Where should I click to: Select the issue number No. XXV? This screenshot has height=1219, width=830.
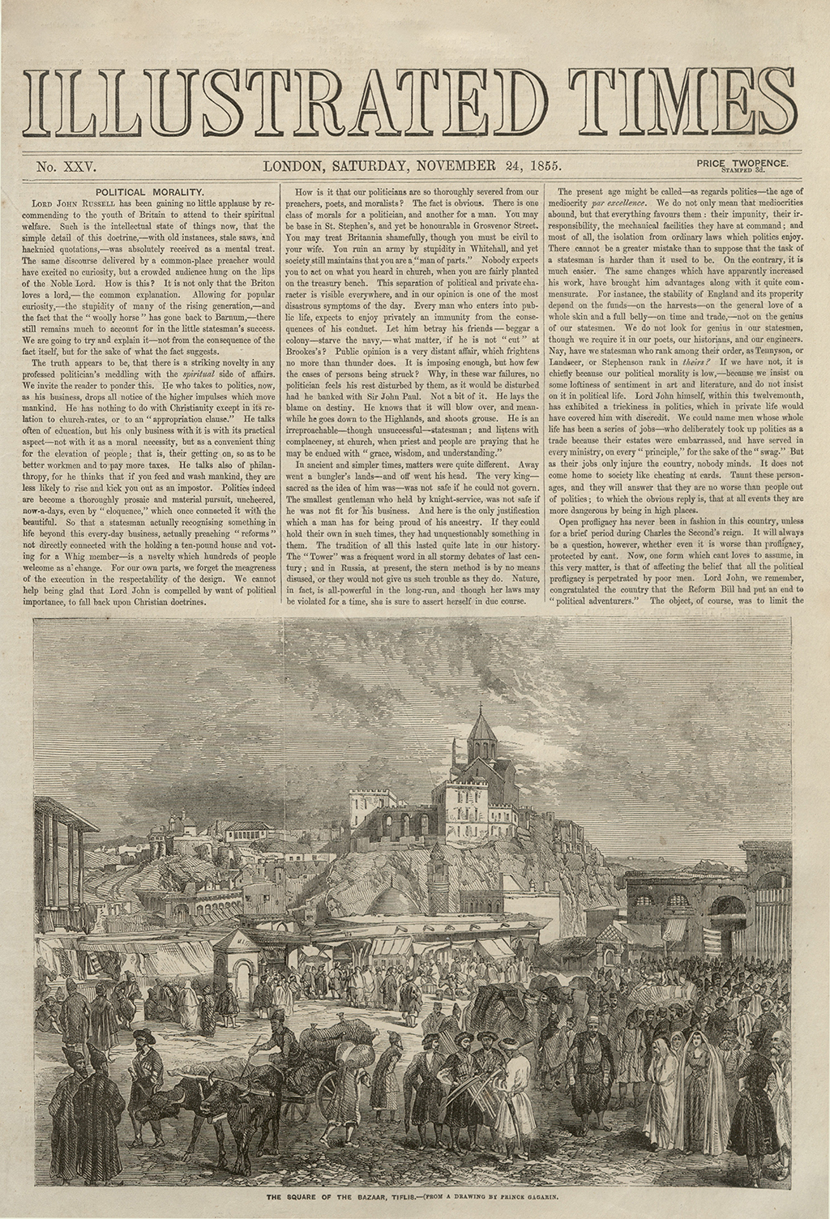coord(66,168)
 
